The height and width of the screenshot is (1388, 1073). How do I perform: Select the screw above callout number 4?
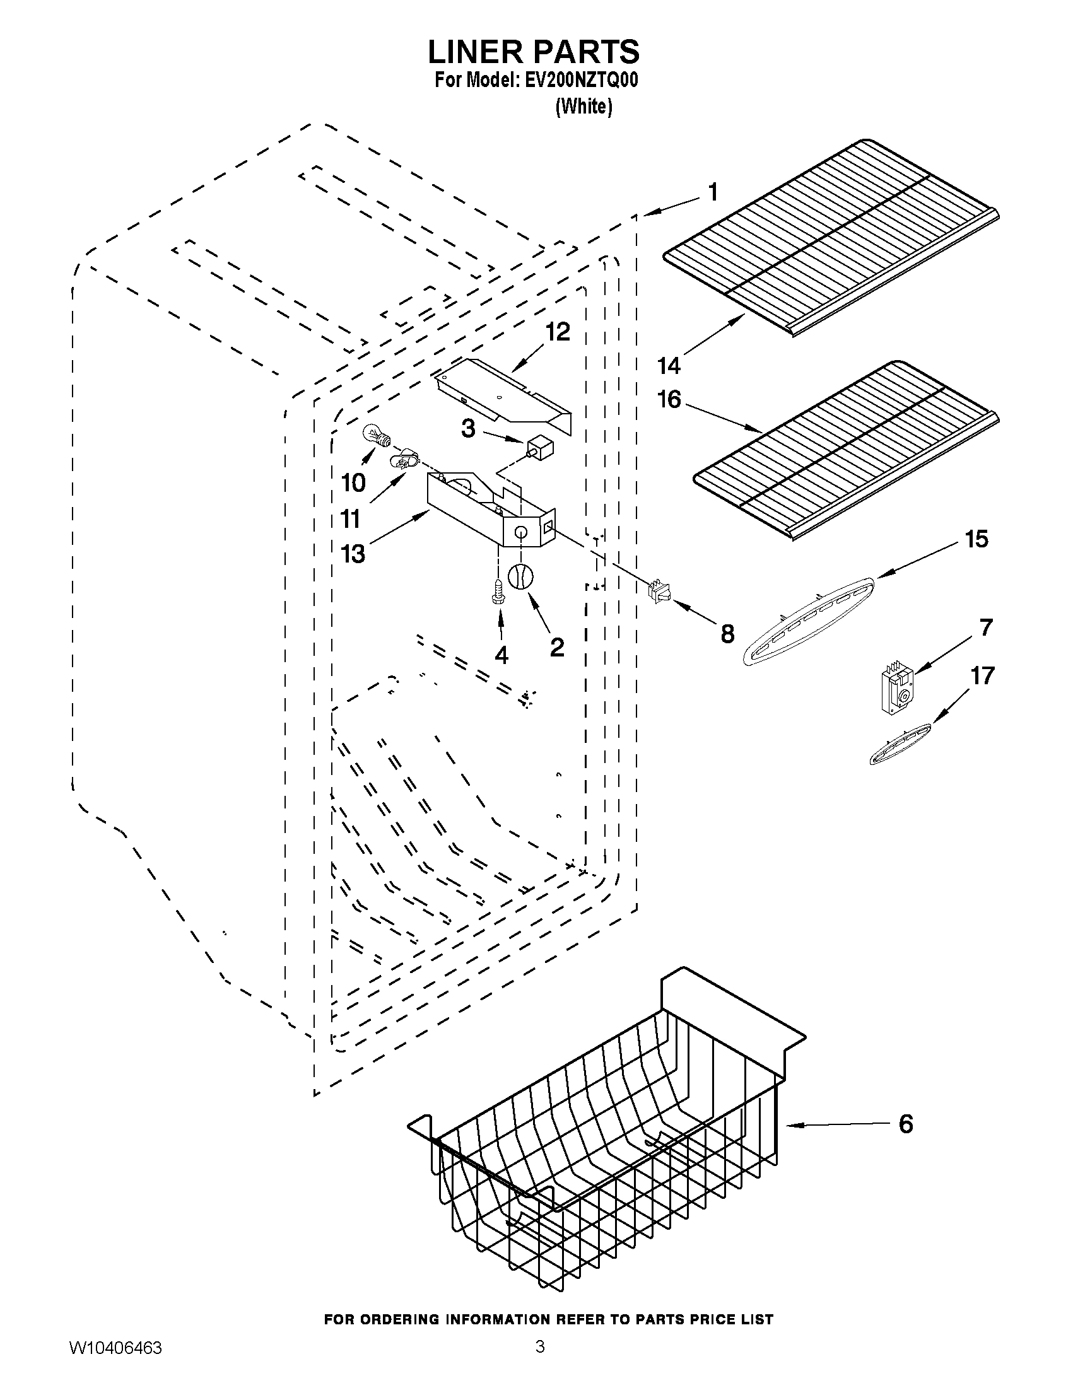(498, 590)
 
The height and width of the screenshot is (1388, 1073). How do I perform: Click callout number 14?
(669, 365)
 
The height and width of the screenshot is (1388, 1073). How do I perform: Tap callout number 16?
(669, 400)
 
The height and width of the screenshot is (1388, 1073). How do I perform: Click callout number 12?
(557, 332)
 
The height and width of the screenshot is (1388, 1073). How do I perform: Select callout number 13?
(353, 554)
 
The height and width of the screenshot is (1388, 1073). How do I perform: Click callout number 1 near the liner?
(713, 191)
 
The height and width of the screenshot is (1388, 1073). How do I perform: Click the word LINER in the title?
(480, 52)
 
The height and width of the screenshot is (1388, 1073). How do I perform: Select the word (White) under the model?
(583, 107)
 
